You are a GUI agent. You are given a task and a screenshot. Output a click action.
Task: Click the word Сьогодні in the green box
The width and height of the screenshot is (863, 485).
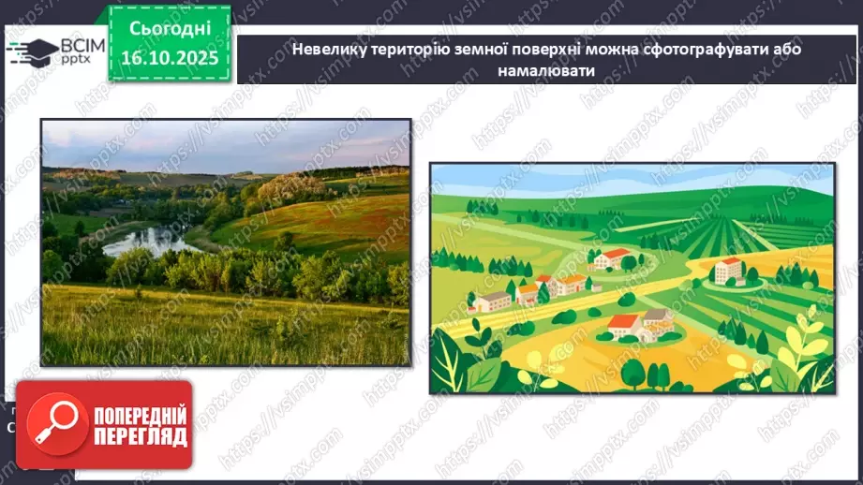[171, 29]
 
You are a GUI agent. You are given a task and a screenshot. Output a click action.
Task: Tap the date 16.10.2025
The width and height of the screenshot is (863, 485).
[171, 57]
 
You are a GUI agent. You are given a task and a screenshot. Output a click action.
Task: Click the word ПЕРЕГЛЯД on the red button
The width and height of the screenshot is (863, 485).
[141, 436]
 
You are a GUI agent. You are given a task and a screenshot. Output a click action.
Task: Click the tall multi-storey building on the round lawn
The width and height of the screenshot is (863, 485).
[729, 271]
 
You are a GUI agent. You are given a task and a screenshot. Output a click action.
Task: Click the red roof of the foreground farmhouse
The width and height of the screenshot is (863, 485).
[624, 322]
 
